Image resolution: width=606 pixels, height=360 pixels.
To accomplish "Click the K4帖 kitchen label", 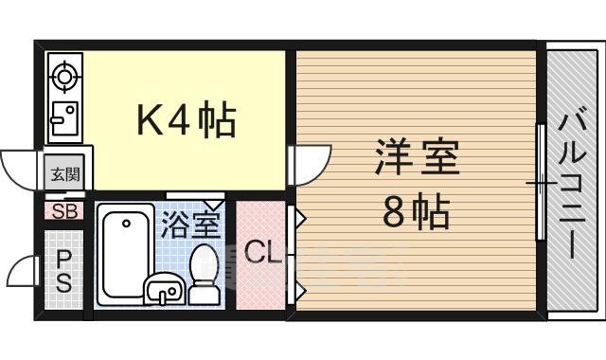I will (187, 120).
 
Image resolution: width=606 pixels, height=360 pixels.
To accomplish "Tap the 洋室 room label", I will (417, 157).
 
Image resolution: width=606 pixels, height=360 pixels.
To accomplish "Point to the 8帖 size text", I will (417, 214).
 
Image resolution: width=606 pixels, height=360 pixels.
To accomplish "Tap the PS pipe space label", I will (64, 270).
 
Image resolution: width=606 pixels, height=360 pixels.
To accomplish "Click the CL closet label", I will (261, 253).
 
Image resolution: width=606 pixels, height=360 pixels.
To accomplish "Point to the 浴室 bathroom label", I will (189, 225).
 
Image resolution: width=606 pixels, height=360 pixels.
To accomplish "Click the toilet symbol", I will (204, 274).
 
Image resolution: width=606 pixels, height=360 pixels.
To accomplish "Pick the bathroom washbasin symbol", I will (163, 289).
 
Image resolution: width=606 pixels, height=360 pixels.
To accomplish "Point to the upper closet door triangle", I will (297, 220).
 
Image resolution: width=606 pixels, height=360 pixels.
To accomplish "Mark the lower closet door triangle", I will (297, 285).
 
